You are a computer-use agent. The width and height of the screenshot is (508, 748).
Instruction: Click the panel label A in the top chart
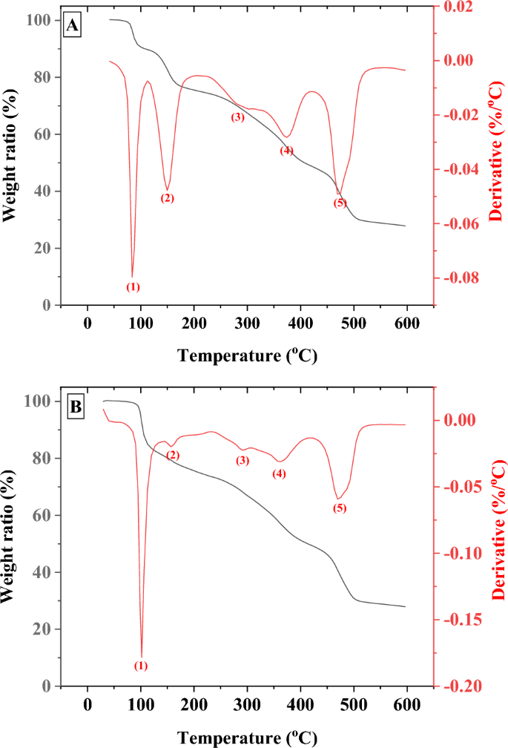73,27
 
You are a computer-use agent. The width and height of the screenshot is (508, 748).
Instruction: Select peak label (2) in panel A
167,198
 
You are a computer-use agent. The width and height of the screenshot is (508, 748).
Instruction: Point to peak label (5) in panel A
340,203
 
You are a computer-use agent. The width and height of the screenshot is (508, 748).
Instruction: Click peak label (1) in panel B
141,666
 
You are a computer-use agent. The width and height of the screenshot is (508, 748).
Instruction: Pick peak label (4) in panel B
279,473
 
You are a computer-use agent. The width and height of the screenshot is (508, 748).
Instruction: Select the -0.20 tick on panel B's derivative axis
460,686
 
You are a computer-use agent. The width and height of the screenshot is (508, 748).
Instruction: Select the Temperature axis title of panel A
248,356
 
